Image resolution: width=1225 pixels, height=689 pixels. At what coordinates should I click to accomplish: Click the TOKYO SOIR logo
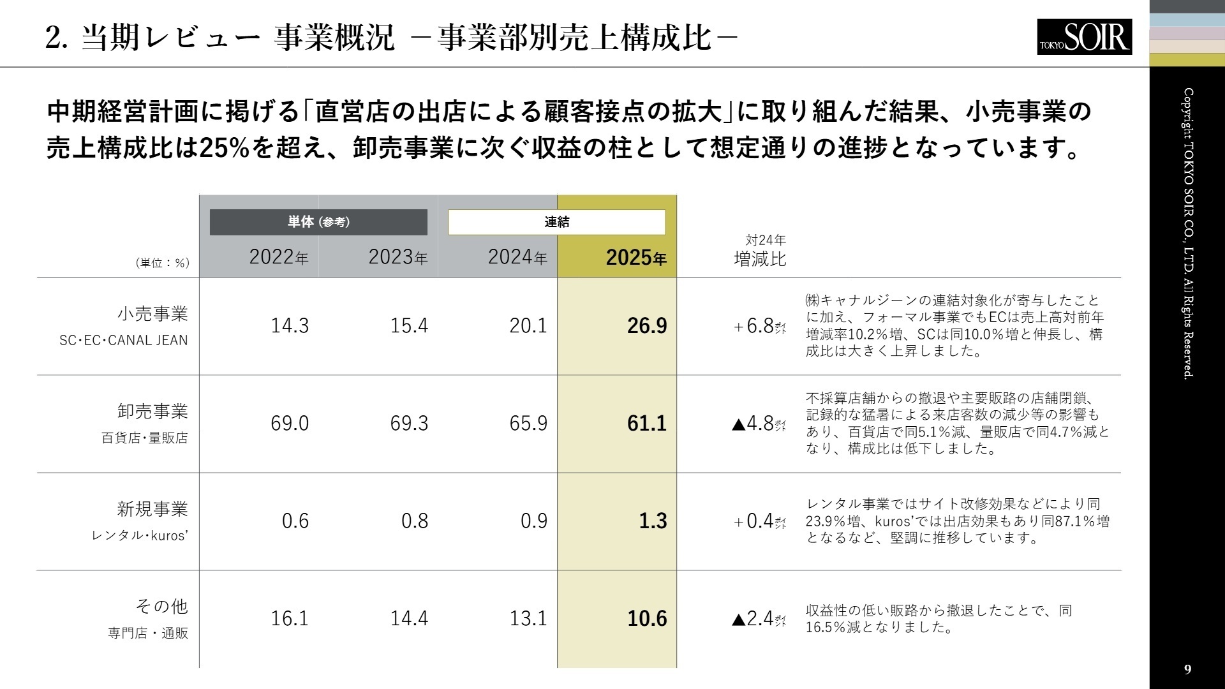click(1084, 36)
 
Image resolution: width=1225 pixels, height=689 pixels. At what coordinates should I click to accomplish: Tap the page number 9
click(1187, 669)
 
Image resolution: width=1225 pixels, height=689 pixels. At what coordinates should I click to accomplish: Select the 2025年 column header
click(635, 257)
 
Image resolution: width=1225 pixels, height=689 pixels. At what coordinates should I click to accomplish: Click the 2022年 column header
click(278, 257)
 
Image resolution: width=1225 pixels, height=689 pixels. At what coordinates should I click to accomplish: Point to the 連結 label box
click(556, 222)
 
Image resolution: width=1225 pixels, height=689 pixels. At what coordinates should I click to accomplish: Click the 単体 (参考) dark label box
click(318, 222)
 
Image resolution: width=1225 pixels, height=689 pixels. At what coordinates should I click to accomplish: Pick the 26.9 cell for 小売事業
click(646, 326)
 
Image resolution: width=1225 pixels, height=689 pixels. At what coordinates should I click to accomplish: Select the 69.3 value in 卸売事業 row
click(409, 424)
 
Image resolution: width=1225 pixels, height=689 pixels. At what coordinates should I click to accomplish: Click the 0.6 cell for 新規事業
click(295, 521)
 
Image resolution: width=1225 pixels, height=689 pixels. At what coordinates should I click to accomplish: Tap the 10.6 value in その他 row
click(646, 619)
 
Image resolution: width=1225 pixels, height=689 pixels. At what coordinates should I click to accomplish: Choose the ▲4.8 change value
click(757, 424)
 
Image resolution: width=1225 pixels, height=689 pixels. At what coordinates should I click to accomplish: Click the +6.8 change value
click(759, 326)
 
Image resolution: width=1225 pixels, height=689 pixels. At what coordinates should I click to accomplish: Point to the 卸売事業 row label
click(152, 411)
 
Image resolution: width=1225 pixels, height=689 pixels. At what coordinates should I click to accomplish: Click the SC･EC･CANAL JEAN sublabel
click(124, 341)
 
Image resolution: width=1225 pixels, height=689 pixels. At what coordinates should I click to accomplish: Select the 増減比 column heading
click(760, 259)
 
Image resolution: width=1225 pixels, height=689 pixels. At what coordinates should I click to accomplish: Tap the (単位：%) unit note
click(163, 263)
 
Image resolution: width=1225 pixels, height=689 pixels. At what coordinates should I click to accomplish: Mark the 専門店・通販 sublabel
click(148, 633)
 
